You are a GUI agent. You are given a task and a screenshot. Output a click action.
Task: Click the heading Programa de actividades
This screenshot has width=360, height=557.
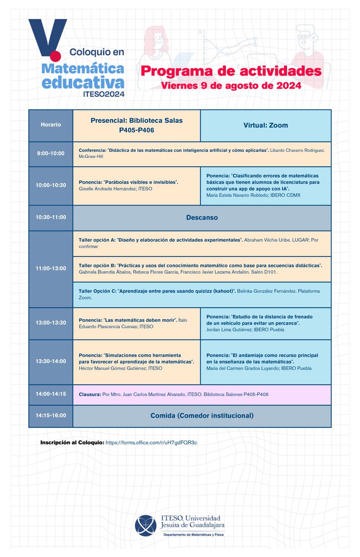(231, 72)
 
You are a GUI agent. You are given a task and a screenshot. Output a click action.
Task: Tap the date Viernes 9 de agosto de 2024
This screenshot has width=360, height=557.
(231, 86)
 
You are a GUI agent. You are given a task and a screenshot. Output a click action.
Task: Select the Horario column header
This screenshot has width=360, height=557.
(51, 125)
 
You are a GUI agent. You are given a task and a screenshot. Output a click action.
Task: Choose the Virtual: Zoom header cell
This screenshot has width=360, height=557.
(265, 125)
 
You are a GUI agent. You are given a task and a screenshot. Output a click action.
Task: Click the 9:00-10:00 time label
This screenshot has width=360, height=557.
(51, 153)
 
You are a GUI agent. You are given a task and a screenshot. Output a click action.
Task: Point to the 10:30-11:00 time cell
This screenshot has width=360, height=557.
(51, 217)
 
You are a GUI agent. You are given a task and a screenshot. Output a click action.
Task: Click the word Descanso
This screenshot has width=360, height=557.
(202, 217)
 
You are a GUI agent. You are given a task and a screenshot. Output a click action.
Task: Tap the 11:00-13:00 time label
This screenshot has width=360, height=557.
(51, 269)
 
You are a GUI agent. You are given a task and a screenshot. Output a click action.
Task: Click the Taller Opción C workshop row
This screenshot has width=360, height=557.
(202, 294)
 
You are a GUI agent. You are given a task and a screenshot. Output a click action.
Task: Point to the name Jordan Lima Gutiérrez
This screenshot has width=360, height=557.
(229, 329)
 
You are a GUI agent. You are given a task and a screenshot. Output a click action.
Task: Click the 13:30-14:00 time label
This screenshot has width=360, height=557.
(51, 361)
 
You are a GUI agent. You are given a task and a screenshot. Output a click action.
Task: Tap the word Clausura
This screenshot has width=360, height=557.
(90, 394)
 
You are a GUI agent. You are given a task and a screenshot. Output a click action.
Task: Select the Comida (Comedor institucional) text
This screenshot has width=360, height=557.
(202, 416)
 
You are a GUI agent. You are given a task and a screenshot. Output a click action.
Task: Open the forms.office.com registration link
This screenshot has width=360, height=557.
(151, 443)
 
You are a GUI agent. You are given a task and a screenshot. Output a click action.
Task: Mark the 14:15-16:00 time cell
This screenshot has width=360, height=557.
(51, 416)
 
